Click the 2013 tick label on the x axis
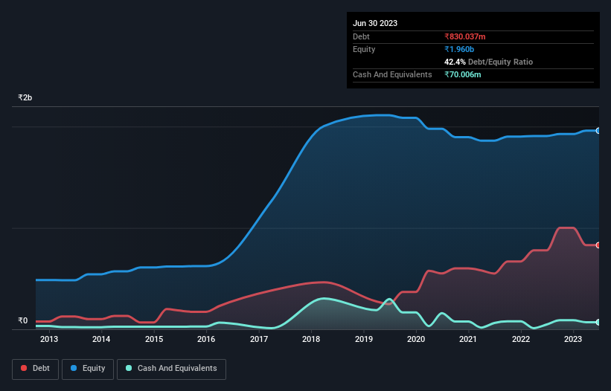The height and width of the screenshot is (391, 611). coord(49,340)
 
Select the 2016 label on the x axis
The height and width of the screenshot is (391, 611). coord(206,340)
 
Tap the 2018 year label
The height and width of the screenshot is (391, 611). coord(311,340)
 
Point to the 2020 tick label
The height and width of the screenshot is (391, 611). coord(416,340)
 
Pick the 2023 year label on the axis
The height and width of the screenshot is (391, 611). coord(573,340)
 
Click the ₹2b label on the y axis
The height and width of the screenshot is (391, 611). coord(25,98)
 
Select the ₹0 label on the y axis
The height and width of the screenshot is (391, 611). coord(22,321)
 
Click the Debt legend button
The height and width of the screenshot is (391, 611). coord(34,369)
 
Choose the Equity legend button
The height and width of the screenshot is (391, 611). coord(88,369)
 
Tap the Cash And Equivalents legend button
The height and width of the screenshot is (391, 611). coord(171,369)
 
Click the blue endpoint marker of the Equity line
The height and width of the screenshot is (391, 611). coord(598,130)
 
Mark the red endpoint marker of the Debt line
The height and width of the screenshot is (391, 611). coord(598,245)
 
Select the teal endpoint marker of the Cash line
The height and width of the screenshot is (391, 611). coord(598,322)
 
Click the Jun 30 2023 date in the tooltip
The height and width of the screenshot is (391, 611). coord(375,23)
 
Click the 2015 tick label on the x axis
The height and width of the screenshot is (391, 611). coord(154,340)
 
